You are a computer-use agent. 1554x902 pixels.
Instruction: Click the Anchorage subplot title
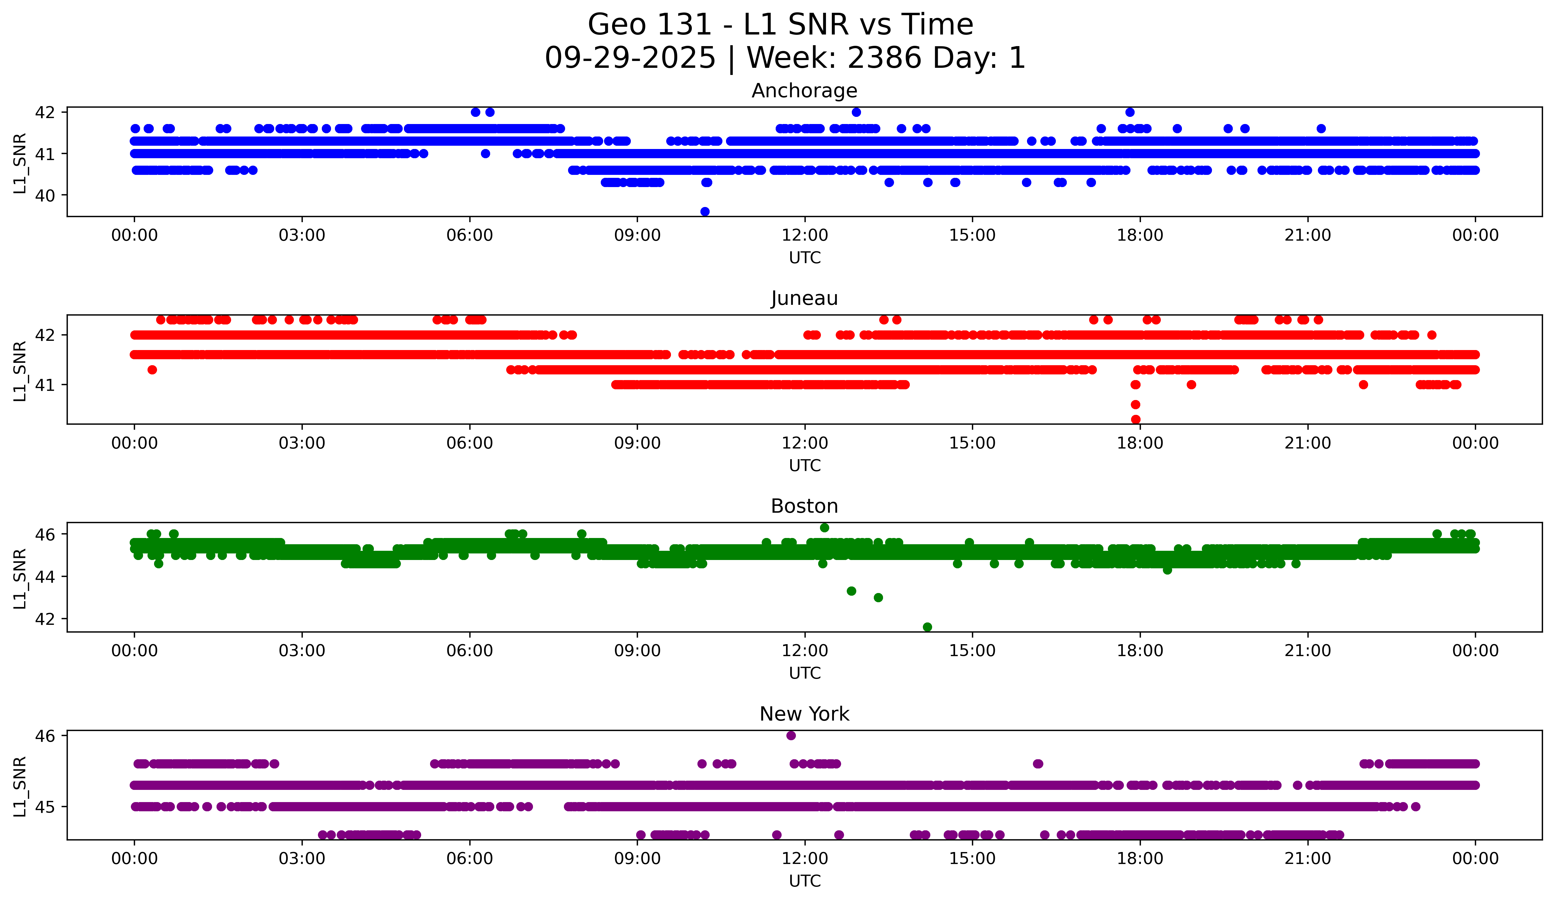tap(804, 91)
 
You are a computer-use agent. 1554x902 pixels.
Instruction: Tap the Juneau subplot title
tap(804, 298)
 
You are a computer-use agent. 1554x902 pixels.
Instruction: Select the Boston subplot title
tap(804, 506)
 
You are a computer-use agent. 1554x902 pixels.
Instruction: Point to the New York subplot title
tap(804, 714)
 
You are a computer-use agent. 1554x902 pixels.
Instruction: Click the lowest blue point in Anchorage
tap(705, 211)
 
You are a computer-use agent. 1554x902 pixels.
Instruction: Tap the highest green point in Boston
tap(824, 528)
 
